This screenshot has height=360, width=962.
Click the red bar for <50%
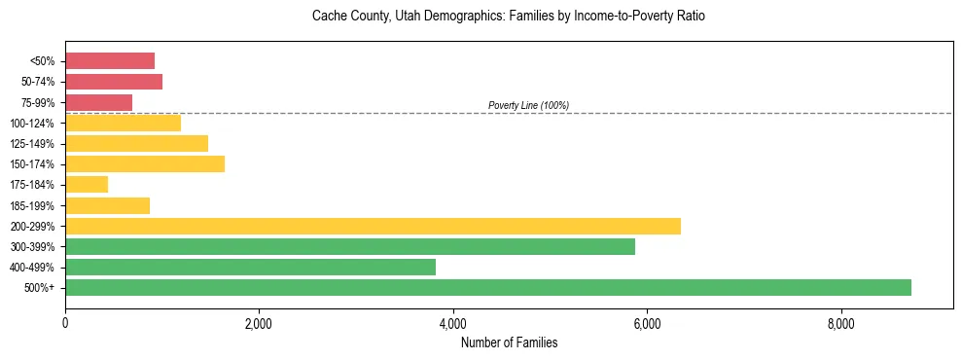pyautogui.click(x=110, y=60)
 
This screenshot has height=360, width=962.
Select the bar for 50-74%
pyautogui.click(x=114, y=82)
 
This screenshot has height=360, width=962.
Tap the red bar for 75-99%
pyautogui.click(x=98, y=102)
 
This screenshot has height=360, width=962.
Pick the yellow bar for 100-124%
pyautogui.click(x=123, y=123)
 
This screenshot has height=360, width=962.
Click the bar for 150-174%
pyautogui.click(x=145, y=163)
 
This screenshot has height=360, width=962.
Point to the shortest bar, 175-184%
pyautogui.click(x=87, y=184)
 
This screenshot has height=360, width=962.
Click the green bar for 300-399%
pyautogui.click(x=350, y=246)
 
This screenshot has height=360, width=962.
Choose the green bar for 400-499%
pyautogui.click(x=250, y=267)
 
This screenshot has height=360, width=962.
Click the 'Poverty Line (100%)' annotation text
pyautogui.click(x=528, y=105)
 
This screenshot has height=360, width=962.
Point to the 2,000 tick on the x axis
pyautogui.click(x=259, y=324)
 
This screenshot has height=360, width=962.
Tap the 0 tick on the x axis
pyautogui.click(x=65, y=324)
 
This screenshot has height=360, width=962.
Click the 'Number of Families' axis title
pyautogui.click(x=509, y=342)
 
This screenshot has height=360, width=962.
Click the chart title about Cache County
pyautogui.click(x=509, y=17)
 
